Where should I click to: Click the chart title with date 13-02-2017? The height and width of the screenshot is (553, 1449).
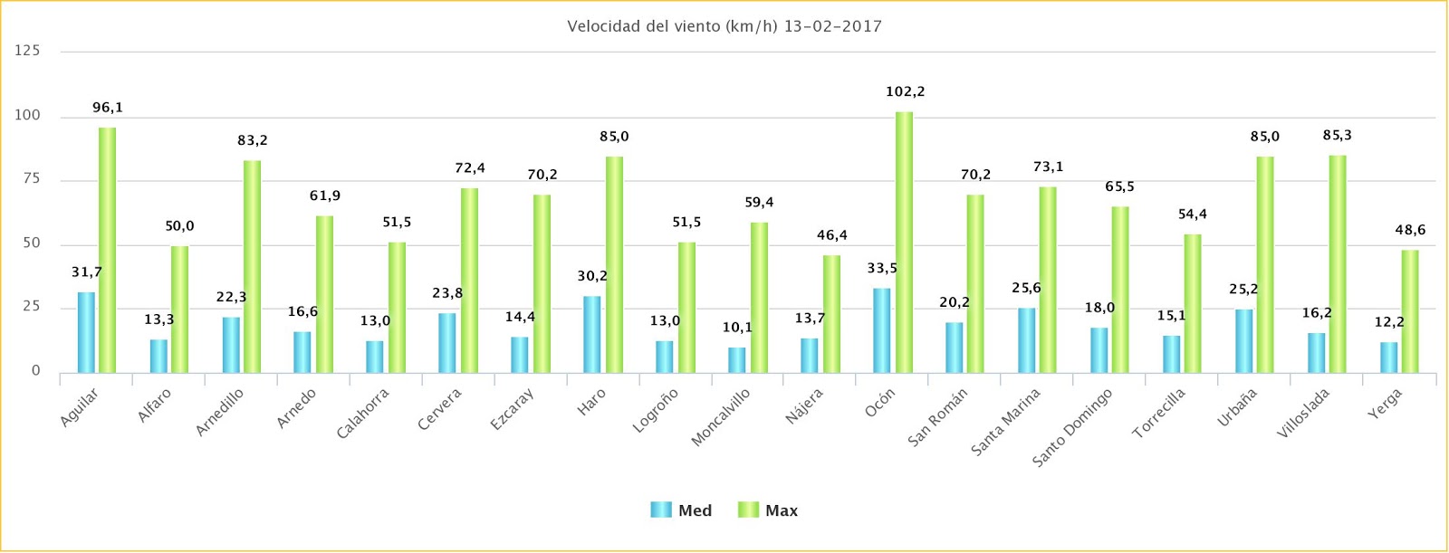pyautogui.click(x=724, y=26)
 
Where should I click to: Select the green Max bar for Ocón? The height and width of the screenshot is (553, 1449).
pyautogui.click(x=904, y=242)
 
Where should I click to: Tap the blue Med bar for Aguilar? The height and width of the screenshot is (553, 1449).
pyautogui.click(x=86, y=332)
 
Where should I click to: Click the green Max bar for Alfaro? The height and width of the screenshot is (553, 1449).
pyautogui.click(x=180, y=309)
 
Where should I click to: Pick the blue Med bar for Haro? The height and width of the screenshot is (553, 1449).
pyautogui.click(x=592, y=334)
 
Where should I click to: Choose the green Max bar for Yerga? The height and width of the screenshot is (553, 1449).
pyautogui.click(x=1410, y=311)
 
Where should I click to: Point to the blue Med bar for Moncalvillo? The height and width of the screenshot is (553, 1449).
pyautogui.click(x=737, y=359)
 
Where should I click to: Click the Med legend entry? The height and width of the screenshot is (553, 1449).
pyautogui.click(x=682, y=510)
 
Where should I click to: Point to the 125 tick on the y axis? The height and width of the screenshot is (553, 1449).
pyautogui.click(x=28, y=51)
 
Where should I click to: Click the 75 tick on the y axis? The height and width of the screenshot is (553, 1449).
pyautogui.click(x=31, y=178)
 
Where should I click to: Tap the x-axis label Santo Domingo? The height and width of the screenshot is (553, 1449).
pyautogui.click(x=1074, y=427)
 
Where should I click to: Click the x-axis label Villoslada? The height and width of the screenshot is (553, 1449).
pyautogui.click(x=1304, y=413)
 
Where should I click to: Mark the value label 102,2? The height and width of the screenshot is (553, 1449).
pyautogui.click(x=906, y=91)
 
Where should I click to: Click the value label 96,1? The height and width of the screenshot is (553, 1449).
pyautogui.click(x=108, y=108)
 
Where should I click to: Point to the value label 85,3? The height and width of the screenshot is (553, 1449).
pyautogui.click(x=1338, y=136)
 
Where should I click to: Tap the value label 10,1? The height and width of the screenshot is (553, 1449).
pyautogui.click(x=737, y=328)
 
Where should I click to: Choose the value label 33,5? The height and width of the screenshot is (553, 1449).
pyautogui.click(x=882, y=269)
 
